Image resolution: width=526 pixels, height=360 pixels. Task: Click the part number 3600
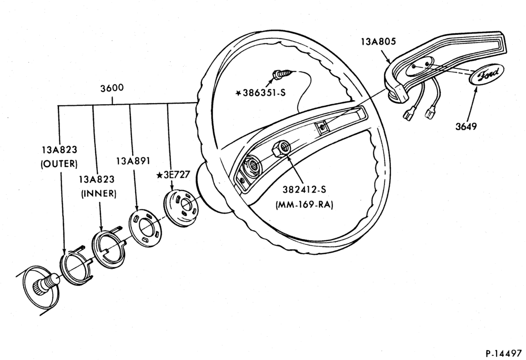point(112,87)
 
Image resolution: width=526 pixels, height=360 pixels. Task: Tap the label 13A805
point(378,41)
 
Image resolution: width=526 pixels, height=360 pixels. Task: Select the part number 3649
point(466,126)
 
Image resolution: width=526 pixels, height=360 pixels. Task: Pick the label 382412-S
point(304,189)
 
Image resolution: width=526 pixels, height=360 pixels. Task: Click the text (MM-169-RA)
point(304,205)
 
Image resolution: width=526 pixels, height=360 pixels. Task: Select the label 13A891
point(133,161)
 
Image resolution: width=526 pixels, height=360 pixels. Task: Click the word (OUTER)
point(59,164)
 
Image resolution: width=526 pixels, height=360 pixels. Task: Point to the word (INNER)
point(99,194)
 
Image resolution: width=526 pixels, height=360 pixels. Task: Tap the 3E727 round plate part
point(181,205)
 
